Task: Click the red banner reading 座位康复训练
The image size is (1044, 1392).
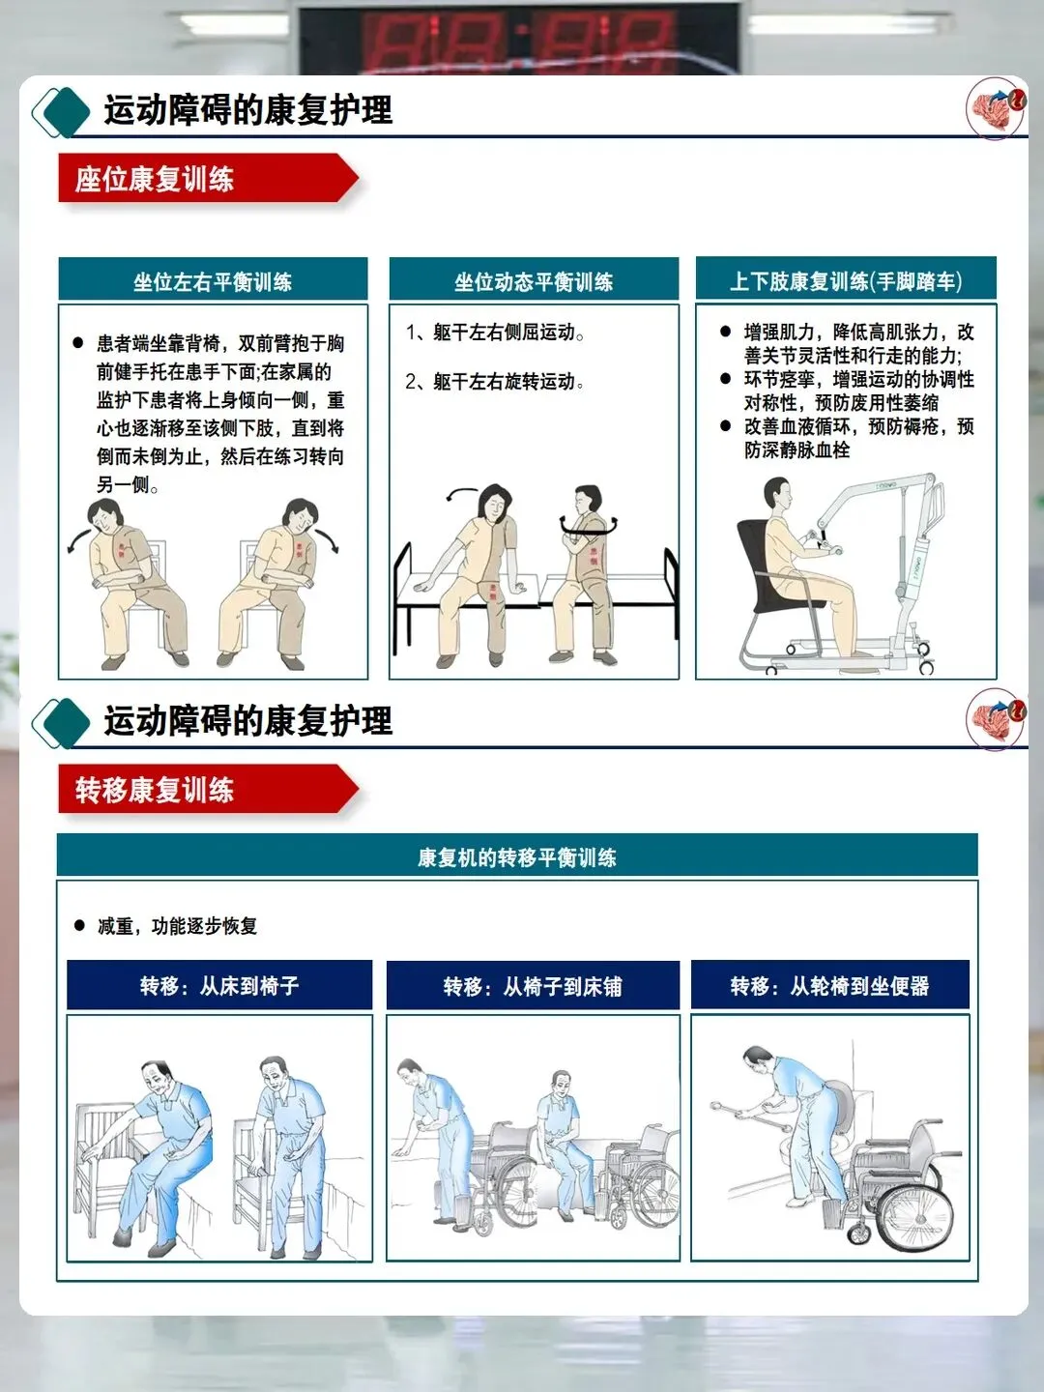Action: (208, 178)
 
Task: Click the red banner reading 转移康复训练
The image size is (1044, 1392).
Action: (208, 789)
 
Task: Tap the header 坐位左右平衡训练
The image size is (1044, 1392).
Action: (213, 279)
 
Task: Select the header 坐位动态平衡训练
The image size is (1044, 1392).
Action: (534, 279)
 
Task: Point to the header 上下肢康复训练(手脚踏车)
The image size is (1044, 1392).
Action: (846, 278)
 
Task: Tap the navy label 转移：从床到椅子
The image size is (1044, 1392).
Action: (219, 985)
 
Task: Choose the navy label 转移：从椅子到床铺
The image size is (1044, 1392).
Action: (533, 985)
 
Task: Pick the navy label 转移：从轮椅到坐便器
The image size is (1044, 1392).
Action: (830, 985)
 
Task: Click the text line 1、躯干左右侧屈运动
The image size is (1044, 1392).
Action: (495, 333)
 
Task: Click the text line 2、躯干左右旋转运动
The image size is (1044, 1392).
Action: (495, 382)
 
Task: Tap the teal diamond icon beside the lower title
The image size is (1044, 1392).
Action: (62, 723)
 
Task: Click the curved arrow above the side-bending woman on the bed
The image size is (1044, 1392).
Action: (461, 493)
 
